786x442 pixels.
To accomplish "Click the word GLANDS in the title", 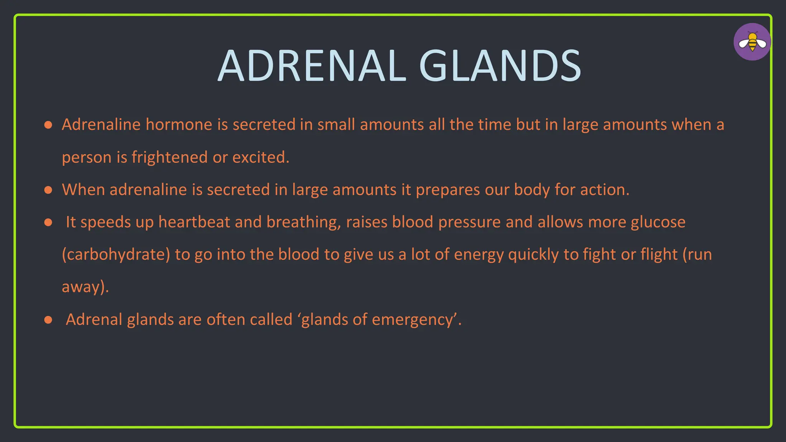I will [x=500, y=66].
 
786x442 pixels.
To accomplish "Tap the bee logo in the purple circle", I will [x=752, y=42].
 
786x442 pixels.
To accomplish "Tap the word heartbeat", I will [x=194, y=222].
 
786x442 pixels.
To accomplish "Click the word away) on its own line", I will [x=85, y=287].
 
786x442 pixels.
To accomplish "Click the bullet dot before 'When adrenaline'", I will [x=48, y=190].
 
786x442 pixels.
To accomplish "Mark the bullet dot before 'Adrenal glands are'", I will [x=48, y=320].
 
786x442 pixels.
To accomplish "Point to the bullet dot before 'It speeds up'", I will [x=48, y=223].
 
